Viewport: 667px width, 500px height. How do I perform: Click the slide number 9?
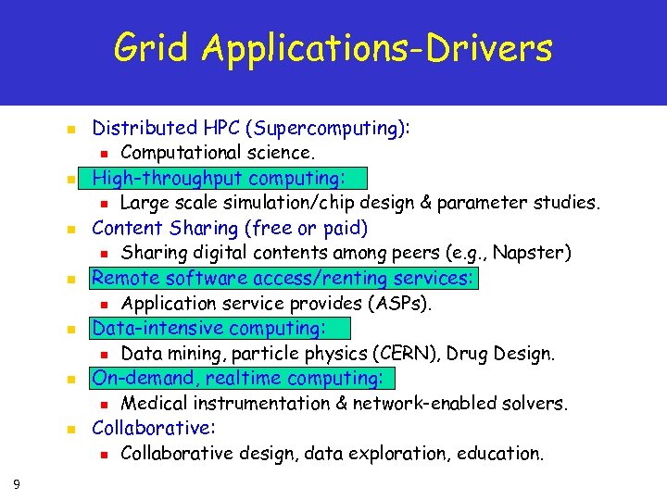tap(19, 482)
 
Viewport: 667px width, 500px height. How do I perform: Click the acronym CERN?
tap(362, 353)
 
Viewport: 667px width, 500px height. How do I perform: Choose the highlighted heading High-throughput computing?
tap(219, 178)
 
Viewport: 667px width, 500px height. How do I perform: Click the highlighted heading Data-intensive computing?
tap(208, 328)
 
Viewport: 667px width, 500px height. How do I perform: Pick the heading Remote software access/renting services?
tap(283, 278)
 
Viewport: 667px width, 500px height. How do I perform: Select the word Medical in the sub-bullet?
tap(154, 403)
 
